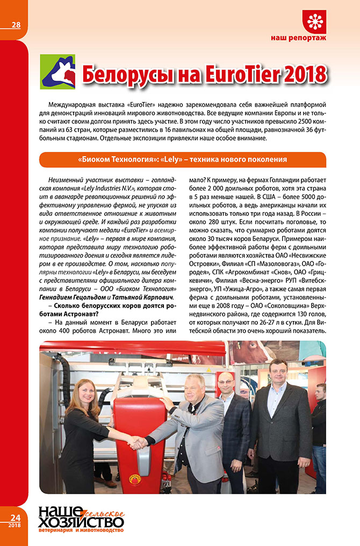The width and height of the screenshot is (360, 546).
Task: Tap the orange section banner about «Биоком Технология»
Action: click(x=182, y=159)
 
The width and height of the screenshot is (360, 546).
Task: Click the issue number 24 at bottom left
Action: click(x=15, y=517)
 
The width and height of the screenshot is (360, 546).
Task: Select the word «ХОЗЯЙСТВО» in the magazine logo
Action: click(x=80, y=522)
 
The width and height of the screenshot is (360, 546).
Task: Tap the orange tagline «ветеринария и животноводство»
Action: click(x=81, y=532)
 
